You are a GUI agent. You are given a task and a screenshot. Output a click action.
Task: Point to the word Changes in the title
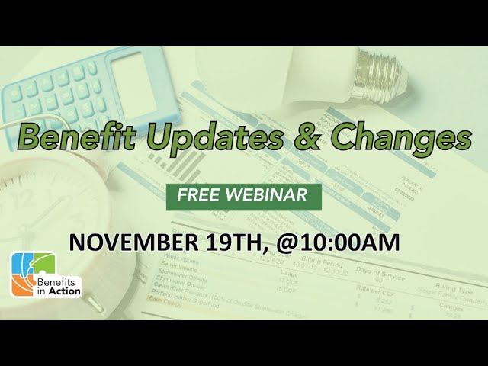point(396,139)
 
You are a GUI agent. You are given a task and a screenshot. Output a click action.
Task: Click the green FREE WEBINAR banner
point(243,194)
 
